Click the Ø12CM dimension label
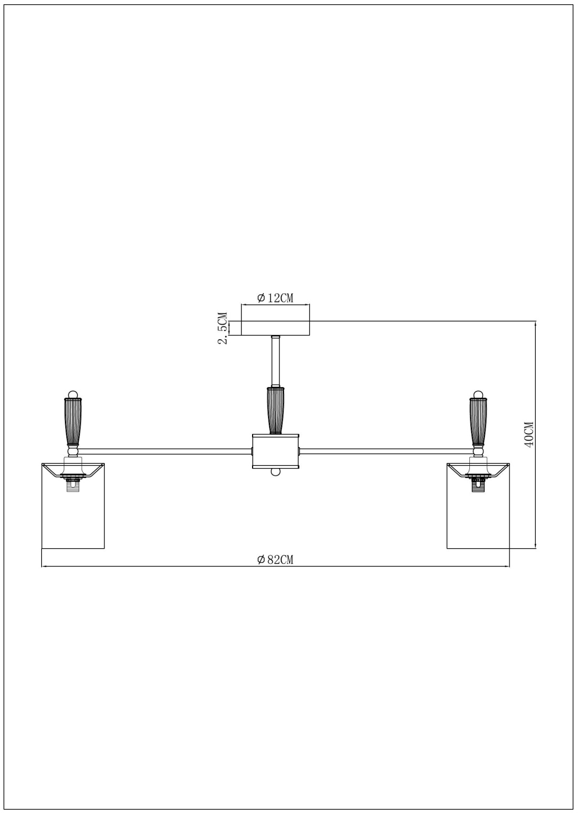[275, 298]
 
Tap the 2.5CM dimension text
[223, 328]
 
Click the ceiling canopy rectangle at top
[276, 328]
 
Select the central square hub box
[275, 451]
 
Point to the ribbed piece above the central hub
[276, 410]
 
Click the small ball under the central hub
[276, 472]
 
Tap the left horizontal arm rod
[165, 451]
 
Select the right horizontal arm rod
[386, 451]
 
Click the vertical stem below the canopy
[276, 361]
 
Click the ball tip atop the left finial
[73, 394]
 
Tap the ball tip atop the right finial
[478, 394]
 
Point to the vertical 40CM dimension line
[536, 434]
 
